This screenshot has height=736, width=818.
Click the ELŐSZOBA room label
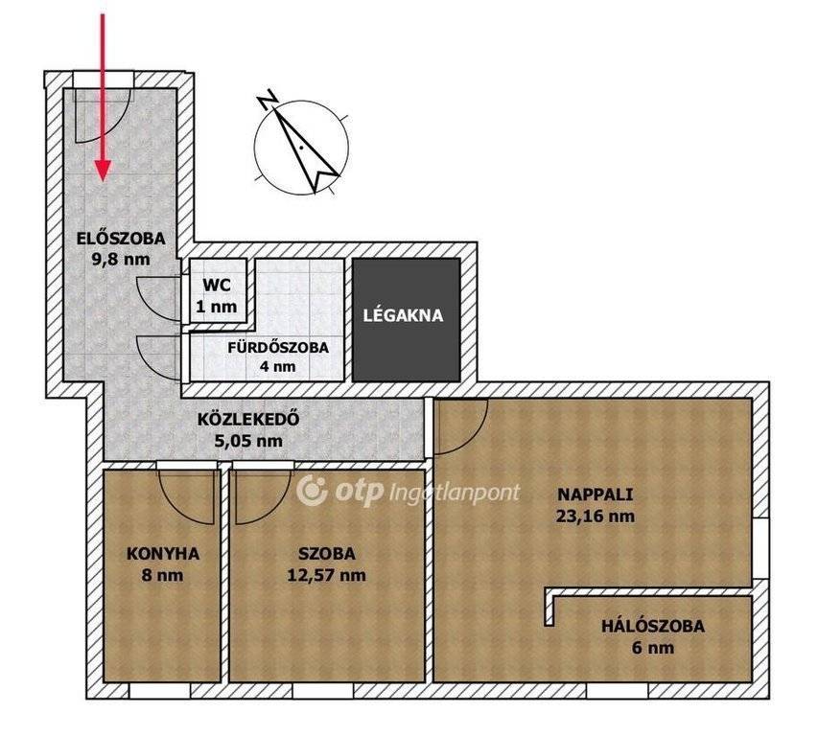click(121, 238)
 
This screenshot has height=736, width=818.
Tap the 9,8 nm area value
click(121, 259)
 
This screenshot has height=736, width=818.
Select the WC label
click(217, 286)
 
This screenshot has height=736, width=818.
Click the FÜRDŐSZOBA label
click(278, 347)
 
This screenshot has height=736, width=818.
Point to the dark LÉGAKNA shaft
click(407, 319)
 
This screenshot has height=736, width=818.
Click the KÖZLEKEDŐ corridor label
click(248, 419)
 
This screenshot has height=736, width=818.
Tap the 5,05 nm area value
click(248, 441)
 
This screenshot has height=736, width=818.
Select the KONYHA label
click(163, 554)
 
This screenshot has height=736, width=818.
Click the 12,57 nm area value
click(327, 575)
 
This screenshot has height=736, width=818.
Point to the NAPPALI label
click(596, 494)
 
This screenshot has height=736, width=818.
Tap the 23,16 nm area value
click(596, 516)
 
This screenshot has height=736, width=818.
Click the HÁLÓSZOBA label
click(653, 626)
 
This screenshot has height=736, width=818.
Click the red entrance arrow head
click(103, 171)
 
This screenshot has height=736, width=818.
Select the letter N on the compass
click(268, 99)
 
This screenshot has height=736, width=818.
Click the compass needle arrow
click(306, 147)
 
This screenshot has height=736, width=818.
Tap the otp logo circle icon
click(312, 491)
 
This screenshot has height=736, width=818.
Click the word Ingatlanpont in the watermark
click(455, 493)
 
